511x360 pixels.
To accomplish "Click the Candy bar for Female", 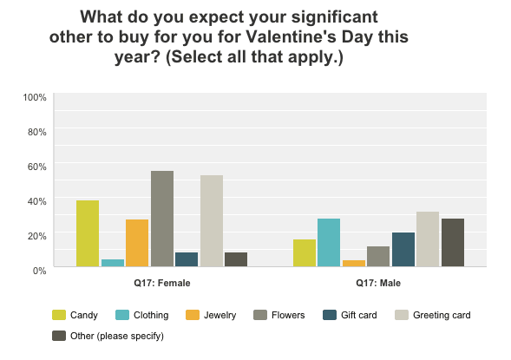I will click(x=88, y=233).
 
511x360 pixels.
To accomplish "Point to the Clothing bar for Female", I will click(x=113, y=263).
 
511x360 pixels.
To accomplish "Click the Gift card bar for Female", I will click(x=187, y=259).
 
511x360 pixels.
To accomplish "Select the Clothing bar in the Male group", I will click(x=329, y=243).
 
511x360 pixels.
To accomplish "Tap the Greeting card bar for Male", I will click(x=428, y=239).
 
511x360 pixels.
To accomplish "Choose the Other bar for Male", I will click(x=453, y=243).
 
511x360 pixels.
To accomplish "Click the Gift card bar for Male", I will click(x=403, y=250).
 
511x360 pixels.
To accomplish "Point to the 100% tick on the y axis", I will click(x=35, y=96).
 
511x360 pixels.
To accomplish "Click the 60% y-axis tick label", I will click(x=37, y=166).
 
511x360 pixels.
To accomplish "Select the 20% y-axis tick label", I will click(x=37, y=235).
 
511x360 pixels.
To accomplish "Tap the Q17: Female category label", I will click(x=162, y=283).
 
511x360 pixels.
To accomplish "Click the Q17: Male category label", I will click(x=378, y=283).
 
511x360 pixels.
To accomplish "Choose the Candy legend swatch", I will click(x=60, y=315).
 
